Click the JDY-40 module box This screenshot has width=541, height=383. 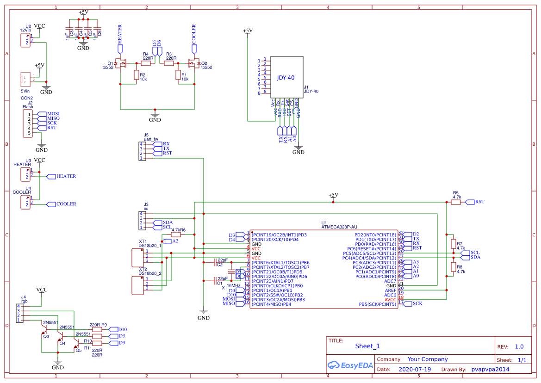[x=287, y=76]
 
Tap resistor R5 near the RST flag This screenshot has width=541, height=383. [x=456, y=202]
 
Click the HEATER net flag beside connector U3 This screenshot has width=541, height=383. [x=64, y=176]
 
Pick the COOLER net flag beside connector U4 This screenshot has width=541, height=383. [x=64, y=204]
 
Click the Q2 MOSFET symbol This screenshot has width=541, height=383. [x=194, y=63]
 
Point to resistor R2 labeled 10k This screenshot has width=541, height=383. [x=136, y=75]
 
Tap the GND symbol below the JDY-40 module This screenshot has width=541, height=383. [x=299, y=149]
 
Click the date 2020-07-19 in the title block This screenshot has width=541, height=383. [x=414, y=370]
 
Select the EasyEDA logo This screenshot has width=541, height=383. [x=350, y=365]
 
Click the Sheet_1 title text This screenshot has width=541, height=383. [x=367, y=346]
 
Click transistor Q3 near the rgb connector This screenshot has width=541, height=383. [x=45, y=329]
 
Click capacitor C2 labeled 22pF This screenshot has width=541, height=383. [x=213, y=262]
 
